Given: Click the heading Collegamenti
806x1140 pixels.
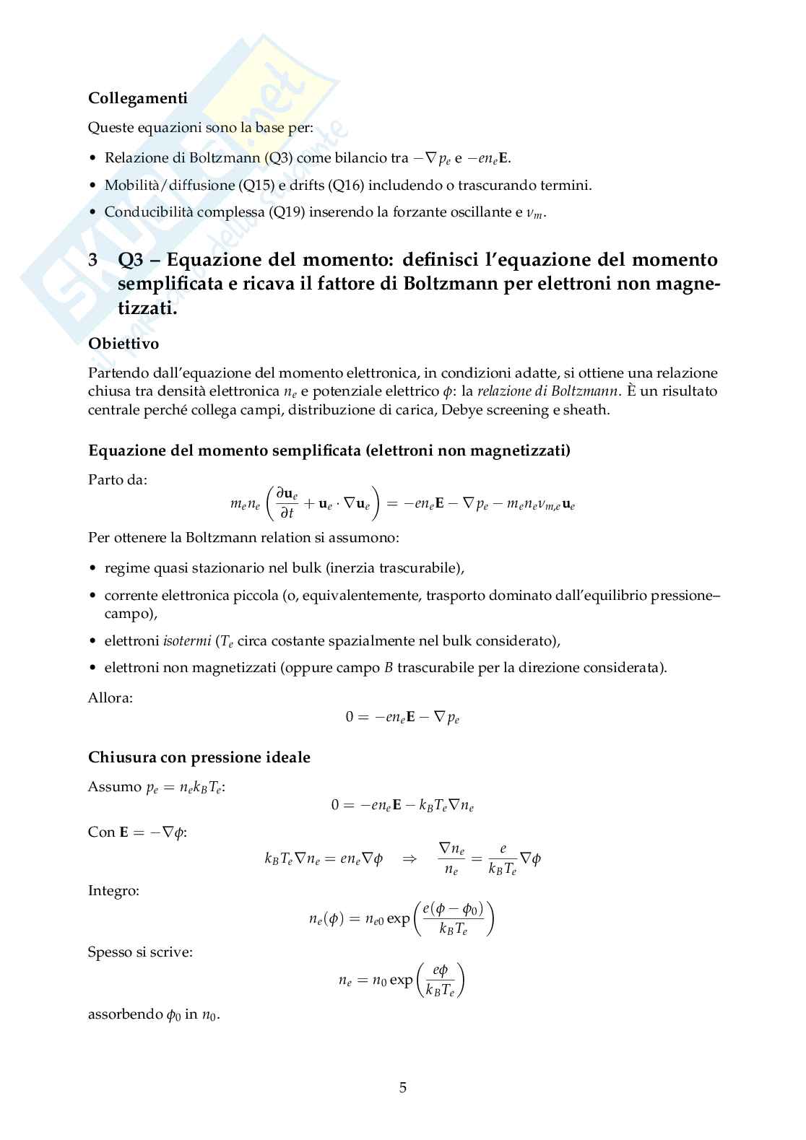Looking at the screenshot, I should (138, 98).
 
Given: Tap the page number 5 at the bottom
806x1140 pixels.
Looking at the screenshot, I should (403, 1087).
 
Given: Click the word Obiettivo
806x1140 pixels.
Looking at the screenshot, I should (123, 344).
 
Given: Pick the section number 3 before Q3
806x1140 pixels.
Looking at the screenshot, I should (92, 260).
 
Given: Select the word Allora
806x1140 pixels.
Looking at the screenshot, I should (110, 697).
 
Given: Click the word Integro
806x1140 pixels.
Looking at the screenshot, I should (113, 890).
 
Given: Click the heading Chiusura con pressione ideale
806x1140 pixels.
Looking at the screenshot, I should (199, 757).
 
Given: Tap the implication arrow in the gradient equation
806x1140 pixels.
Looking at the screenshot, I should (409, 859).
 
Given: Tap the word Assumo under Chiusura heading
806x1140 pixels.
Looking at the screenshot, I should (114, 787).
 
